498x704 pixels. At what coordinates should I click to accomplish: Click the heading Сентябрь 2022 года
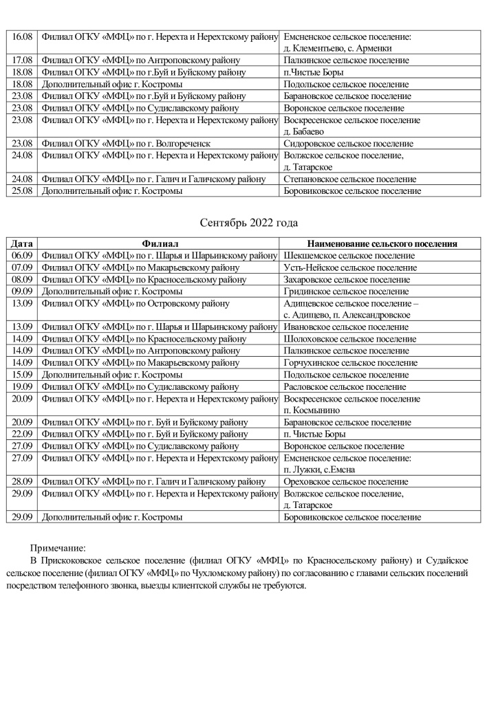248,223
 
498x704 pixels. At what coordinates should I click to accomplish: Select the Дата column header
23,243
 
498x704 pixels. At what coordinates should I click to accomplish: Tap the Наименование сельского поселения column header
382,243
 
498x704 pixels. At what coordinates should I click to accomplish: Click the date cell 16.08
23,36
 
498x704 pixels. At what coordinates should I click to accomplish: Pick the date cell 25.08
23,191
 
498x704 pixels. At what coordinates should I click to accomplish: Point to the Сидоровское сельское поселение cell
348,144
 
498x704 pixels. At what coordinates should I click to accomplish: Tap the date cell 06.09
23,255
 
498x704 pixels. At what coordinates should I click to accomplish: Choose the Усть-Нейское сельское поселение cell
350,267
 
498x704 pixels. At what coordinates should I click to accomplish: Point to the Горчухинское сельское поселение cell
350,362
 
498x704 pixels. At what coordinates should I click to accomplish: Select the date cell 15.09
23,375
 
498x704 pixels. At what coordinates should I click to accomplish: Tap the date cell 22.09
23,434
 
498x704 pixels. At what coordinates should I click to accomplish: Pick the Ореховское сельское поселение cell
346,482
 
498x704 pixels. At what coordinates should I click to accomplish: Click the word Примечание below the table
58,548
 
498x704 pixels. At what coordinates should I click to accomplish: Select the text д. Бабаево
305,131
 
